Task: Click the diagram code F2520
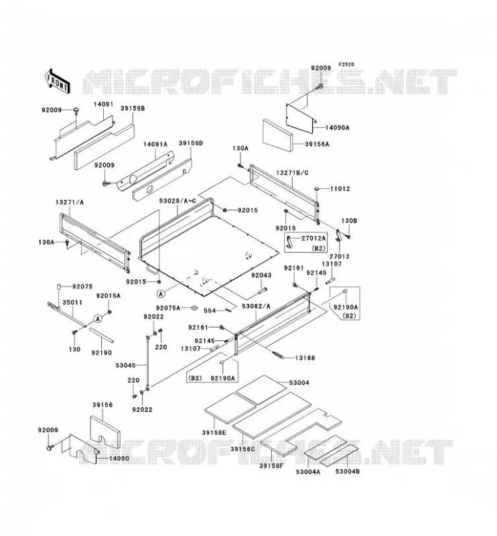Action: tap(346, 64)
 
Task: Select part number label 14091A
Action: tap(155, 144)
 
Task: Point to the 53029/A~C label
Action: tap(177, 200)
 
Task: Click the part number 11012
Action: tap(340, 189)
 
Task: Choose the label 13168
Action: tap(305, 358)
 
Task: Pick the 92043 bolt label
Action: tap(261, 275)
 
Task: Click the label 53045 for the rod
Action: tap(125, 365)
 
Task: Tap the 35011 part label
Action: tap(72, 303)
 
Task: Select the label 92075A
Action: tap(168, 308)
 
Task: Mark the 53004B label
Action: tap(347, 472)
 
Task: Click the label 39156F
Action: tap(271, 466)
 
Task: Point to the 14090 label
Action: tap(119, 458)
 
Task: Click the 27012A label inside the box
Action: tap(313, 239)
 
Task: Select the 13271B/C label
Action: tap(292, 173)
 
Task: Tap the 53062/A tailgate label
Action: tap(256, 306)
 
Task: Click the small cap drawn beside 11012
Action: tap(317, 188)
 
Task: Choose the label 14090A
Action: tap(337, 127)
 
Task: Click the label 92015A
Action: tap(109, 295)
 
